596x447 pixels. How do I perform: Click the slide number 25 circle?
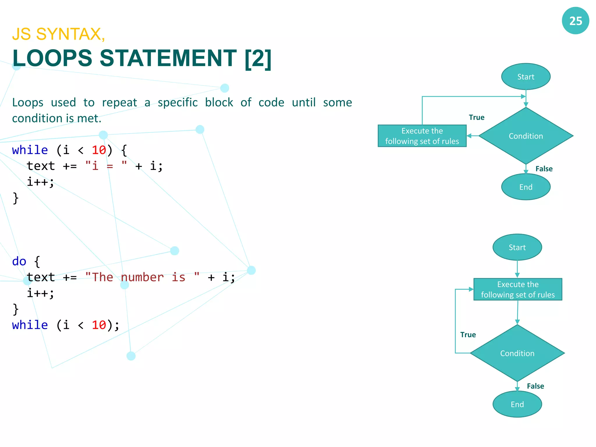click(575, 21)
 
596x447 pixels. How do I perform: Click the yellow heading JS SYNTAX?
click(58, 34)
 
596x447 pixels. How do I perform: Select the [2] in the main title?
click(258, 58)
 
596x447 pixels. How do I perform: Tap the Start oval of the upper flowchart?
click(526, 77)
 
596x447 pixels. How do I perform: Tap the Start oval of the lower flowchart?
click(517, 247)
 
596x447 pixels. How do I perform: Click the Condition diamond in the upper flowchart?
click(526, 136)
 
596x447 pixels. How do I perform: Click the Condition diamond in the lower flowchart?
click(517, 353)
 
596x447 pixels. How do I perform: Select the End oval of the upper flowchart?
click(526, 187)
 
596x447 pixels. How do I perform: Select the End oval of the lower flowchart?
click(517, 404)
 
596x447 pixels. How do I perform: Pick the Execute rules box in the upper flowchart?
click(422, 136)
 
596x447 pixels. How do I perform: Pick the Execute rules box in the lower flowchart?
click(518, 289)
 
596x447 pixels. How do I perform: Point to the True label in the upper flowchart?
click(476, 117)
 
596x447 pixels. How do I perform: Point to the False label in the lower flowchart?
click(535, 386)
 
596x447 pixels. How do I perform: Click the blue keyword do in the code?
click(19, 261)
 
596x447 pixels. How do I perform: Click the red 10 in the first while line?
click(99, 150)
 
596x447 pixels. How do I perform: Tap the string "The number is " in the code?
click(142, 277)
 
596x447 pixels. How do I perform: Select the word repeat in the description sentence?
click(119, 102)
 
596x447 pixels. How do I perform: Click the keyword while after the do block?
click(30, 325)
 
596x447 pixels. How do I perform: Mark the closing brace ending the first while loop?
click(16, 198)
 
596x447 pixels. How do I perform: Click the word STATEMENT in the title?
click(168, 58)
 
